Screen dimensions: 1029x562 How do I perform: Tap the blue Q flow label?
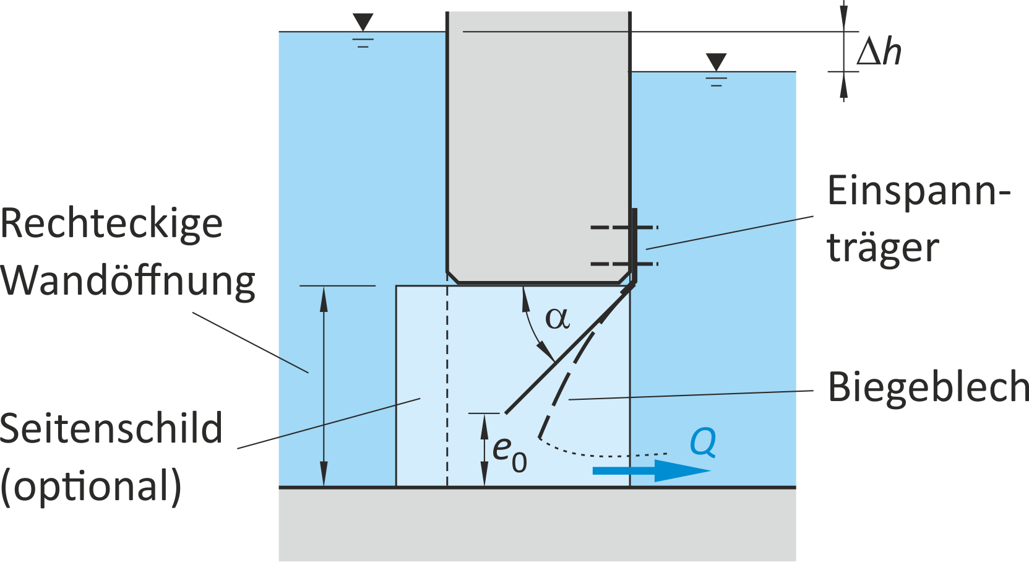click(x=703, y=443)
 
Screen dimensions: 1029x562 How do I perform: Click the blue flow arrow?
click(x=652, y=470)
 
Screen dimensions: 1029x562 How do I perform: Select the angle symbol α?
click(x=558, y=319)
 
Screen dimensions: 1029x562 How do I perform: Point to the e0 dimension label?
click(x=509, y=454)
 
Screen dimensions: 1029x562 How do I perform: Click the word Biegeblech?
click(x=928, y=389)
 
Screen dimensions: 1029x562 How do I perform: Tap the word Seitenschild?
click(x=111, y=428)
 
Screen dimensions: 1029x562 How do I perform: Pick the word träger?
click(x=883, y=250)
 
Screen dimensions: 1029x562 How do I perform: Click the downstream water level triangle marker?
click(x=716, y=62)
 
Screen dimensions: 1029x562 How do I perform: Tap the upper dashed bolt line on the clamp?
click(x=624, y=228)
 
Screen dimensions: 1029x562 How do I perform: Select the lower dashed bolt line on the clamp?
click(x=624, y=264)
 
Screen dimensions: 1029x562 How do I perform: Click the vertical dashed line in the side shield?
click(x=447, y=386)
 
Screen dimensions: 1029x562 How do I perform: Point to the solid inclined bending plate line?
click(x=570, y=350)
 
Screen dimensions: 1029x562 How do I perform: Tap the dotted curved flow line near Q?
click(x=597, y=455)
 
